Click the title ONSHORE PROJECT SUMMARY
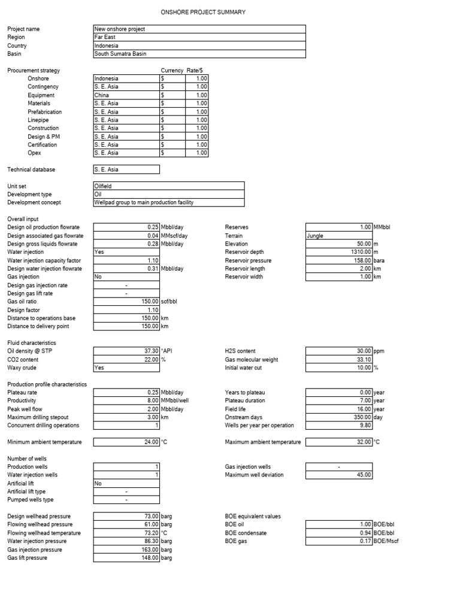pyautogui.click(x=203, y=13)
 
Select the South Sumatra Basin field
pyautogui.click(x=199, y=54)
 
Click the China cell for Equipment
pyautogui.click(x=126, y=95)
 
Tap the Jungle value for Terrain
pyautogui.click(x=338, y=236)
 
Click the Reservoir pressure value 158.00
pyautogui.click(x=359, y=261)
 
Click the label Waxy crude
pyautogui.click(x=22, y=368)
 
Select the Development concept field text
pyautogui.click(x=144, y=203)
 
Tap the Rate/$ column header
pyautogui.click(x=195, y=71)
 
